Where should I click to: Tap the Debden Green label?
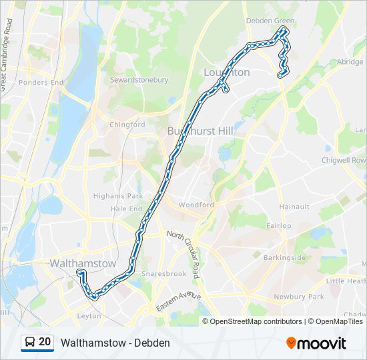[270, 21]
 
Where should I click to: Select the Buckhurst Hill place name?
[200, 131]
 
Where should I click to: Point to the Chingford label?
[127, 125]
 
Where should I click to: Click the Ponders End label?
[41, 83]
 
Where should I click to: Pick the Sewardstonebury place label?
[139, 80]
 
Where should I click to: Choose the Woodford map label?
[196, 205]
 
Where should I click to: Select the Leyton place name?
[89, 316]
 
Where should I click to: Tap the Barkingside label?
[285, 257]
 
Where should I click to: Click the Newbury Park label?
[298, 296]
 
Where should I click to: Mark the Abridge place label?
[350, 61]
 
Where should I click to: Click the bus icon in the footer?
[29, 342]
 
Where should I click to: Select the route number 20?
[45, 342]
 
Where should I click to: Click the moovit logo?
[316, 343]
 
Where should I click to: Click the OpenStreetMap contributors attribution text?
[256, 321]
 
